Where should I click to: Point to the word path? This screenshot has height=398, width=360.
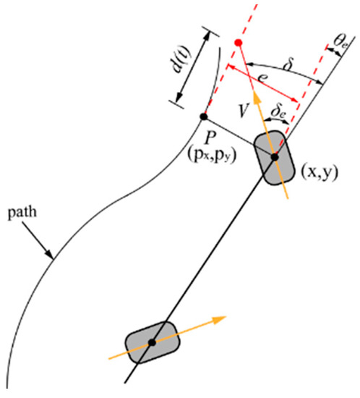(x=21, y=215)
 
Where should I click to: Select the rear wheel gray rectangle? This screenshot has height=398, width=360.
(x=152, y=342)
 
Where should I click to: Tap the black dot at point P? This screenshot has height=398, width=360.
(x=205, y=117)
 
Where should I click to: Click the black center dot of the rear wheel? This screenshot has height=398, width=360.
(x=152, y=342)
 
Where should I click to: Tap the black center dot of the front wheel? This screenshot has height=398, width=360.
(x=275, y=156)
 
